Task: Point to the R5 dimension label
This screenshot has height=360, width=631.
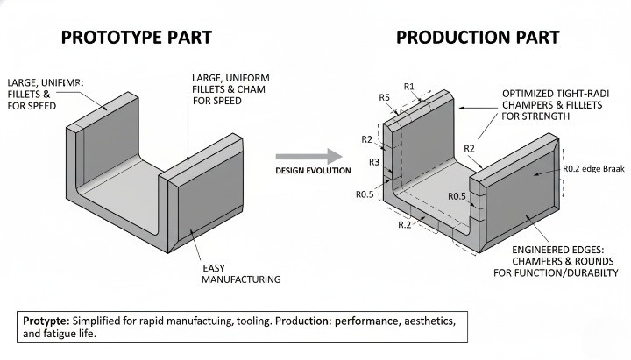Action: click(385, 97)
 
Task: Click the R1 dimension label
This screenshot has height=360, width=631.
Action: click(409, 86)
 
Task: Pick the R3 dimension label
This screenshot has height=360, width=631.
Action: click(374, 162)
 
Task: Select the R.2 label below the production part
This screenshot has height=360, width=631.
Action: click(405, 225)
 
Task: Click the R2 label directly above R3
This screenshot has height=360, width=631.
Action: click(367, 139)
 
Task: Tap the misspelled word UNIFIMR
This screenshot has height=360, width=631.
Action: click(60, 81)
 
